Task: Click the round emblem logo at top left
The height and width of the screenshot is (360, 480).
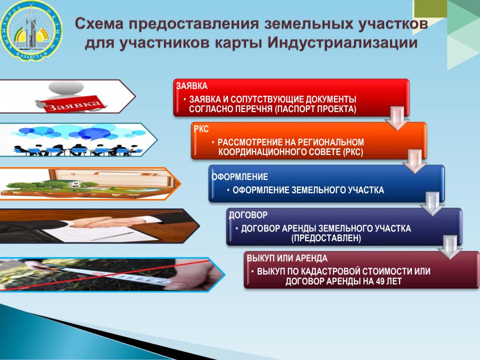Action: point(30,30)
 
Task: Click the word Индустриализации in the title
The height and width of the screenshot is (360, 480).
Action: point(342,42)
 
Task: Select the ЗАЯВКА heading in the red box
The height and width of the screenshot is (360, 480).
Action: point(192,85)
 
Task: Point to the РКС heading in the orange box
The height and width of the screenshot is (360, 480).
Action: point(201,129)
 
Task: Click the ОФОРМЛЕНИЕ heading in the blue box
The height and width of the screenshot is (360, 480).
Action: point(239,176)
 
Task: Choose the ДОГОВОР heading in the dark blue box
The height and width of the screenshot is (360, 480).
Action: point(248,215)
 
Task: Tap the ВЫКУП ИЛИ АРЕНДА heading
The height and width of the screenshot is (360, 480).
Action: point(287,258)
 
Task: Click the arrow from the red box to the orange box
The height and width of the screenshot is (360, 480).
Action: point(397,118)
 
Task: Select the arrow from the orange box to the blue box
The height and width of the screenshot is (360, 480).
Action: point(415,161)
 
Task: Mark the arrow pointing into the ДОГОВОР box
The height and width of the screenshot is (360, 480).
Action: point(432,204)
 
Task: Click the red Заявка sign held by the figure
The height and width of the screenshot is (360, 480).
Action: point(73,105)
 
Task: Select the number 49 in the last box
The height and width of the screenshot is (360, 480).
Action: point(380,281)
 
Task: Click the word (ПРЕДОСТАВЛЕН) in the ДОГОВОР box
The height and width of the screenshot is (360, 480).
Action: point(326,238)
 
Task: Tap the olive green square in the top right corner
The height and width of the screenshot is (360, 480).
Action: point(430,8)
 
